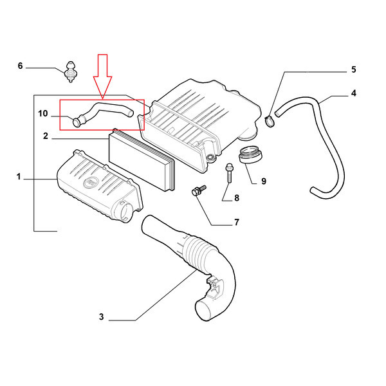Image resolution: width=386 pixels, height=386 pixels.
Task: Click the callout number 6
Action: click(20, 66)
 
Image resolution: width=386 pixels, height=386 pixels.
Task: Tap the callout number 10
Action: click(43, 113)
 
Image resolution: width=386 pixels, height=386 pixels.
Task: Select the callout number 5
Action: click(353, 69)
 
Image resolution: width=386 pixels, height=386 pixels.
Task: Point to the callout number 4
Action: click(353, 93)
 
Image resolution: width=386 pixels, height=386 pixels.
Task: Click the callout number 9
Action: click(264, 181)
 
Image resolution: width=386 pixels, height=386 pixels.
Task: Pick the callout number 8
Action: click(237, 198)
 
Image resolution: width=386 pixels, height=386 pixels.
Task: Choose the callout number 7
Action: click(237, 223)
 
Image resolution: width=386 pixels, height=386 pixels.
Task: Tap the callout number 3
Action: click(102, 317)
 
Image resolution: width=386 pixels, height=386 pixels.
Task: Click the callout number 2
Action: click(46, 136)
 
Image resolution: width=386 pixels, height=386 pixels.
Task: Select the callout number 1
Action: click(19, 177)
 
